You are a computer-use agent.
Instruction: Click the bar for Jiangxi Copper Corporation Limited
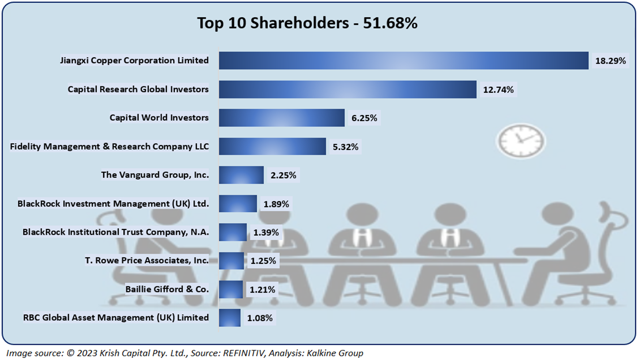(403, 60)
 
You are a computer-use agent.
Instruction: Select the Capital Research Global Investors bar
(347, 89)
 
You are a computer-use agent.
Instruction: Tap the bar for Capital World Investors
(282, 118)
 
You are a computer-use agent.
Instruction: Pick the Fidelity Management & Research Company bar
(272, 146)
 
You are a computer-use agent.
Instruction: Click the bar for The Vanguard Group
(241, 175)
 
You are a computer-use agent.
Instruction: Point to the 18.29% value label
(611, 61)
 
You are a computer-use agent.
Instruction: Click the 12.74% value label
(499, 90)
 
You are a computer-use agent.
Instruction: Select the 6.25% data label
(364, 118)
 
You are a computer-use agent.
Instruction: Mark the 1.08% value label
(260, 318)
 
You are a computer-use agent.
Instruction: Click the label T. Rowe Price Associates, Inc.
(147, 261)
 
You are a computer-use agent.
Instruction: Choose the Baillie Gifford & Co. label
(167, 289)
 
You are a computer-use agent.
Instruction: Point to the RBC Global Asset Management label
(116, 318)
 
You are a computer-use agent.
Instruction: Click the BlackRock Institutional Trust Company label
(116, 232)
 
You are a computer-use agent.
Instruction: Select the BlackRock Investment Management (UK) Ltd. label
(113, 204)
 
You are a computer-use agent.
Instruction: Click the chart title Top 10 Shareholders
(307, 23)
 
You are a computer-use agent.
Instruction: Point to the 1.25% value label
(263, 261)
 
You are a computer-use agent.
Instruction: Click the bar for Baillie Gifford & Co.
(230, 289)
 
